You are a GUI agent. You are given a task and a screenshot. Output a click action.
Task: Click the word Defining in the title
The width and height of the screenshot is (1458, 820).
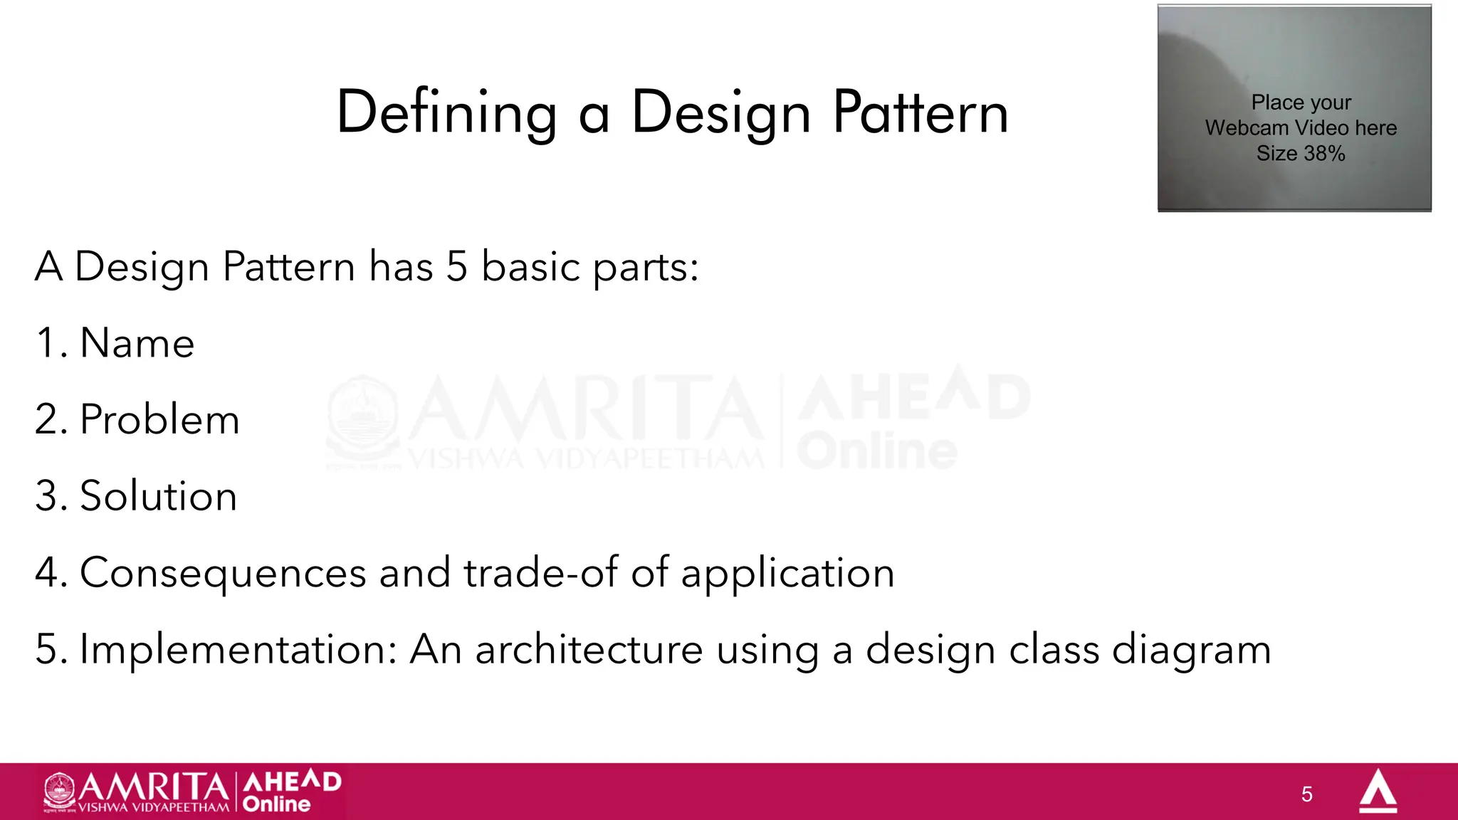446,112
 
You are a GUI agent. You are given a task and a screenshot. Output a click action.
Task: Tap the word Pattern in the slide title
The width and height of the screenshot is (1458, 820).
921,112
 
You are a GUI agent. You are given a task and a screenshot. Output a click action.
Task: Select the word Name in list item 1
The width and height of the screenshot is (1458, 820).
137,343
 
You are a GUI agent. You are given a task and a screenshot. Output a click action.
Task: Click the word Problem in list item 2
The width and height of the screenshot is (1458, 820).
159,419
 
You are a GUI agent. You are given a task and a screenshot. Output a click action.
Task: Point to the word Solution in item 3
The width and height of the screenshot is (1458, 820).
158,496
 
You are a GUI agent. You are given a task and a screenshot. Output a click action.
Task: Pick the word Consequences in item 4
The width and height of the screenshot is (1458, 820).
223,573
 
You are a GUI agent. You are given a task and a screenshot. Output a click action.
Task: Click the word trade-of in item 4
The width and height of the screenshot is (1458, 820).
540,573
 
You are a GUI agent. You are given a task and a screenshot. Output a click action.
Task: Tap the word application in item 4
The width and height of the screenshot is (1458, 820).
787,574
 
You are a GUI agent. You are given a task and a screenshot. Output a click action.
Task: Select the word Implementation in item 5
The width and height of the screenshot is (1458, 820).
238,649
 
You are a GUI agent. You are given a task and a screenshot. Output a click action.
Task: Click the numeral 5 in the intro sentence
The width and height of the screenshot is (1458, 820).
457,267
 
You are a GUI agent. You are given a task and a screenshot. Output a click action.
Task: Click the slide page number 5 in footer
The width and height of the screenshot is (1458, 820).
1306,794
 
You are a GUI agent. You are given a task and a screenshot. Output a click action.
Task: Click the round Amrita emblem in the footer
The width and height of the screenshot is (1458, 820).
59,790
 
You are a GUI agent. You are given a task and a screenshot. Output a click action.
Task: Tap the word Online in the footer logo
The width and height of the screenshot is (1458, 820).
276,804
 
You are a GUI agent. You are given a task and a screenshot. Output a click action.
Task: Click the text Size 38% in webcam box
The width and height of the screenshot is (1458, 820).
1301,154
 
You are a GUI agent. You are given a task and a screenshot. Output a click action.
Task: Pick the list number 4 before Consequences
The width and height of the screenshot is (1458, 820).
47,573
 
